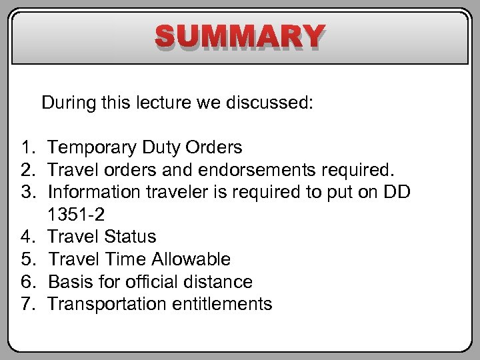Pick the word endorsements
(241, 169)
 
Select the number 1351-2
(76, 215)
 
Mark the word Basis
(71, 282)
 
